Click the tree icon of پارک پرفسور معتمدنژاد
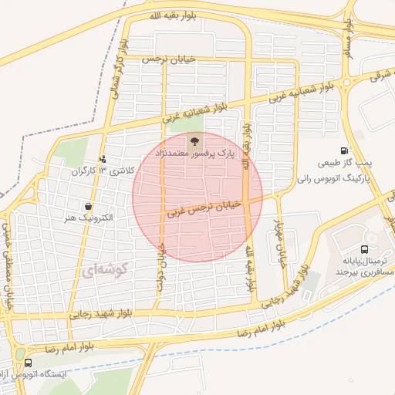tap(194, 140)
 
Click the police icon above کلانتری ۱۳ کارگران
tap(103, 160)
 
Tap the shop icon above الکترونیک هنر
tap(89, 207)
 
